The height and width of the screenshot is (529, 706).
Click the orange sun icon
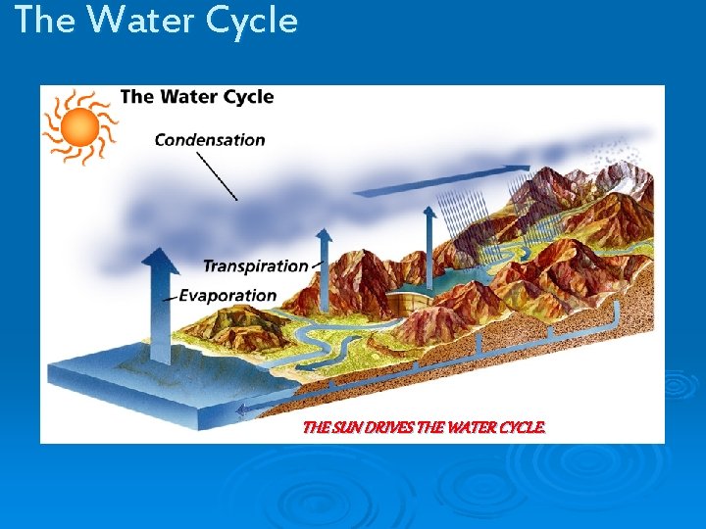click(x=79, y=127)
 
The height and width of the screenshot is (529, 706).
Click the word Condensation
click(x=210, y=140)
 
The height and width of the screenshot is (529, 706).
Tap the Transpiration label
click(x=255, y=265)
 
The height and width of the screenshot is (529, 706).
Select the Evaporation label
click(x=227, y=295)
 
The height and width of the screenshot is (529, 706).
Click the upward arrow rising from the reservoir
click(x=429, y=235)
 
